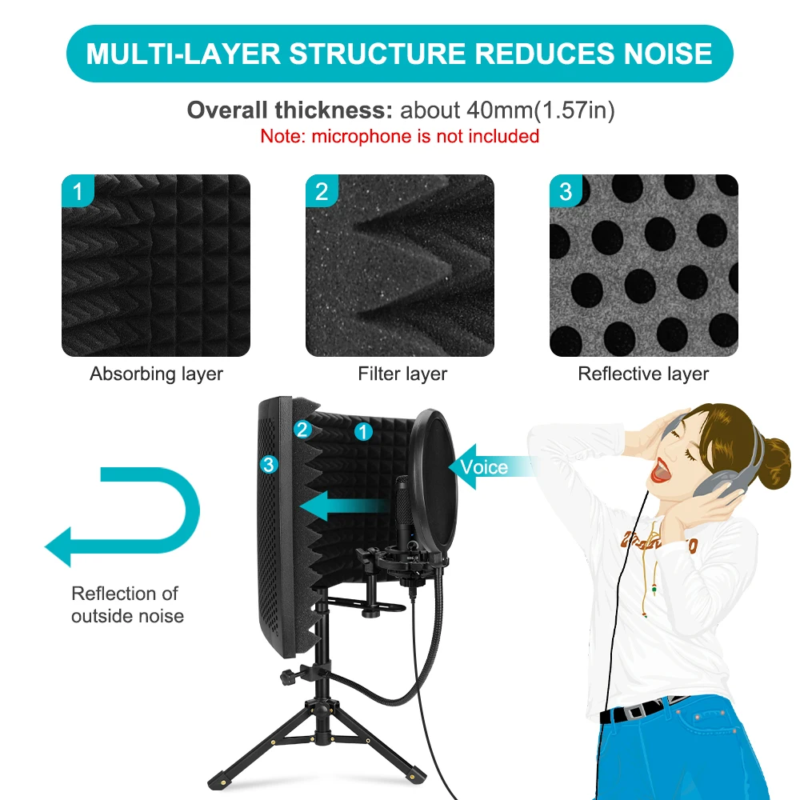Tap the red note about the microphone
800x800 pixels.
pos(399,136)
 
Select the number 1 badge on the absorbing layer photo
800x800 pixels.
pos(78,192)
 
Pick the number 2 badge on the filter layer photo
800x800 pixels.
pos(322,192)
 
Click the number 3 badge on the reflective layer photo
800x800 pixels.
pos(566,192)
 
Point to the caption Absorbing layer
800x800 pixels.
pos(156,374)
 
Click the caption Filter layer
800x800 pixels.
pos(402,374)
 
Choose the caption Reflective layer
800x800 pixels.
pos(643,374)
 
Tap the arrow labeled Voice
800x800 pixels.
pos(484,466)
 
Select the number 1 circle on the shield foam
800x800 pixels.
pos(363,432)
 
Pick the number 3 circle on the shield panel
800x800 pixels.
pos(269,463)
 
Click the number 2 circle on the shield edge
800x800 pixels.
pos(302,430)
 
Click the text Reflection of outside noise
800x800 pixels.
pos(127,605)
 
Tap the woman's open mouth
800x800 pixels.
pos(658,472)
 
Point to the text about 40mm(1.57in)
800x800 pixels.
pos(507,110)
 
